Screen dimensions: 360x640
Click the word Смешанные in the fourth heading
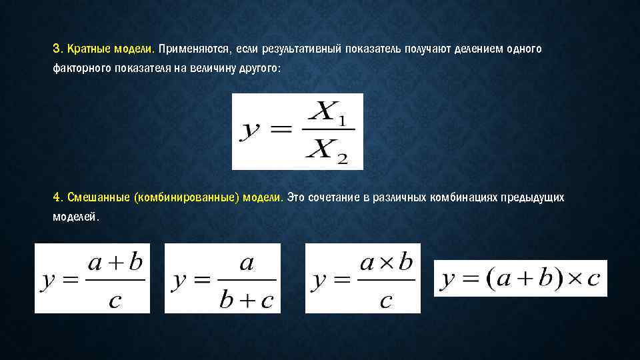point(97,197)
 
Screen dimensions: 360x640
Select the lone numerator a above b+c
point(246,263)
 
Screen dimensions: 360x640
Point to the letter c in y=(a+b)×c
point(593,279)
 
